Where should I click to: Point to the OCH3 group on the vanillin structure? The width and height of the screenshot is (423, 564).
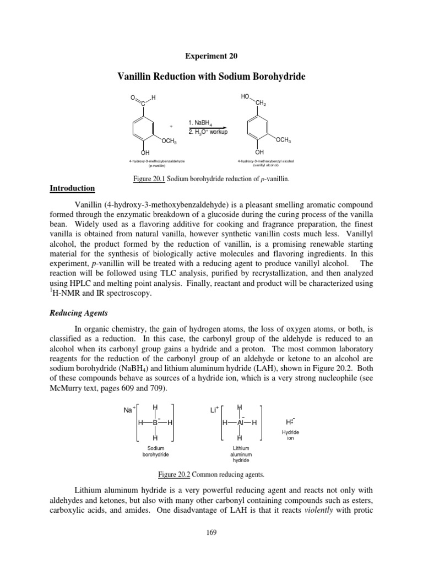(169, 142)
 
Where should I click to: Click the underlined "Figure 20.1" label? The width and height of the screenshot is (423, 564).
(149, 179)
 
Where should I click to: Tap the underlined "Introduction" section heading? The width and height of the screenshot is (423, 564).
(72, 189)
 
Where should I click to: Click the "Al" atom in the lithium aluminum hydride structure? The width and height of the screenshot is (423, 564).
(240, 422)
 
